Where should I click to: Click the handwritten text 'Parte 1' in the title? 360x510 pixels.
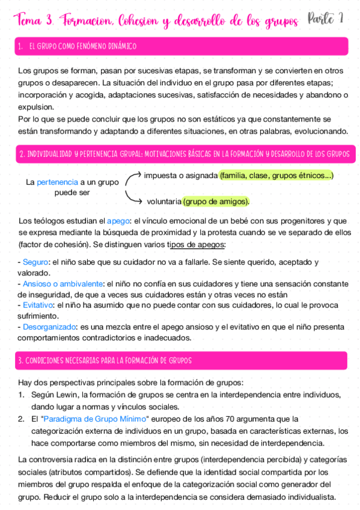coord(325,20)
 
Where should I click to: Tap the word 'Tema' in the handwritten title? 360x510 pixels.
coord(28,22)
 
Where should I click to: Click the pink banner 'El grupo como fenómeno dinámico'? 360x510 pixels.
coord(180,46)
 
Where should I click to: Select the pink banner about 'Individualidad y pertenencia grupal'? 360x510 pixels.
coord(180,154)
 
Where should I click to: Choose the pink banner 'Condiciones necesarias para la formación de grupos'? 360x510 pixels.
coord(180,361)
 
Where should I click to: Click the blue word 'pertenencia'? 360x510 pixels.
coord(57,181)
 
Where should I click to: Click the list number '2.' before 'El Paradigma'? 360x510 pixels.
coord(21,419)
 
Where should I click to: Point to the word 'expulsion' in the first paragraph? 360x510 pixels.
coord(35,107)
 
